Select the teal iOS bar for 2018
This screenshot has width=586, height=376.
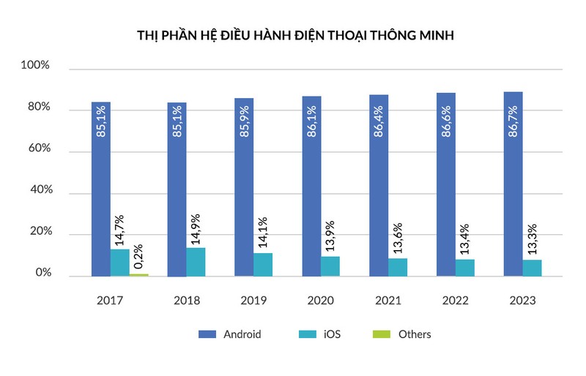click(x=196, y=262)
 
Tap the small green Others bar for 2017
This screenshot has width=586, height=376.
click(x=139, y=275)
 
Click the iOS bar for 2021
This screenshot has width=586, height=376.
click(x=398, y=267)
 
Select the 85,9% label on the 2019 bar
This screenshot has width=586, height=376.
click(x=245, y=121)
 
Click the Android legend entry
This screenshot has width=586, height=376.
click(x=229, y=334)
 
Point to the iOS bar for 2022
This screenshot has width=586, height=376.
click(x=465, y=268)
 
